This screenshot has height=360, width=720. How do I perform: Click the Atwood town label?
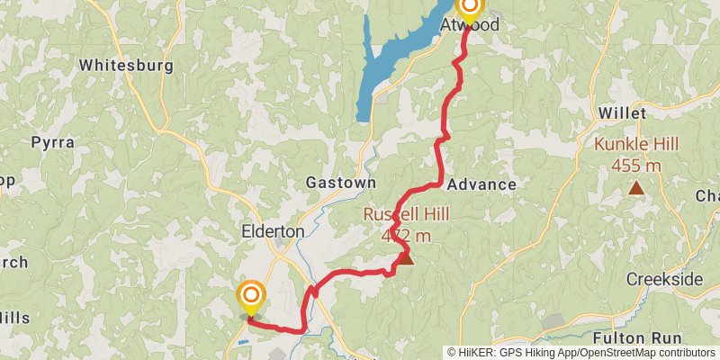(x=469, y=26)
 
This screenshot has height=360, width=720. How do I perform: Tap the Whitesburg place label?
(x=120, y=66)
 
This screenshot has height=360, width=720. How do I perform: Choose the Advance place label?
(x=481, y=184)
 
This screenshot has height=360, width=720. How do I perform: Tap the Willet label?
(x=623, y=114)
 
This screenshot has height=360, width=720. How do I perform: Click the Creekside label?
(x=664, y=279)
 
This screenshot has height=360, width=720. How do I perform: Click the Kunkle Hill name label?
(x=636, y=144)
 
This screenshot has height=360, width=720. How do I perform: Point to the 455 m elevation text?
(x=636, y=166)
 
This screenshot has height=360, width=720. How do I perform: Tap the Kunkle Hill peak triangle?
(x=636, y=188)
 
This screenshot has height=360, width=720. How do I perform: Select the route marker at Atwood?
(x=469, y=7)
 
